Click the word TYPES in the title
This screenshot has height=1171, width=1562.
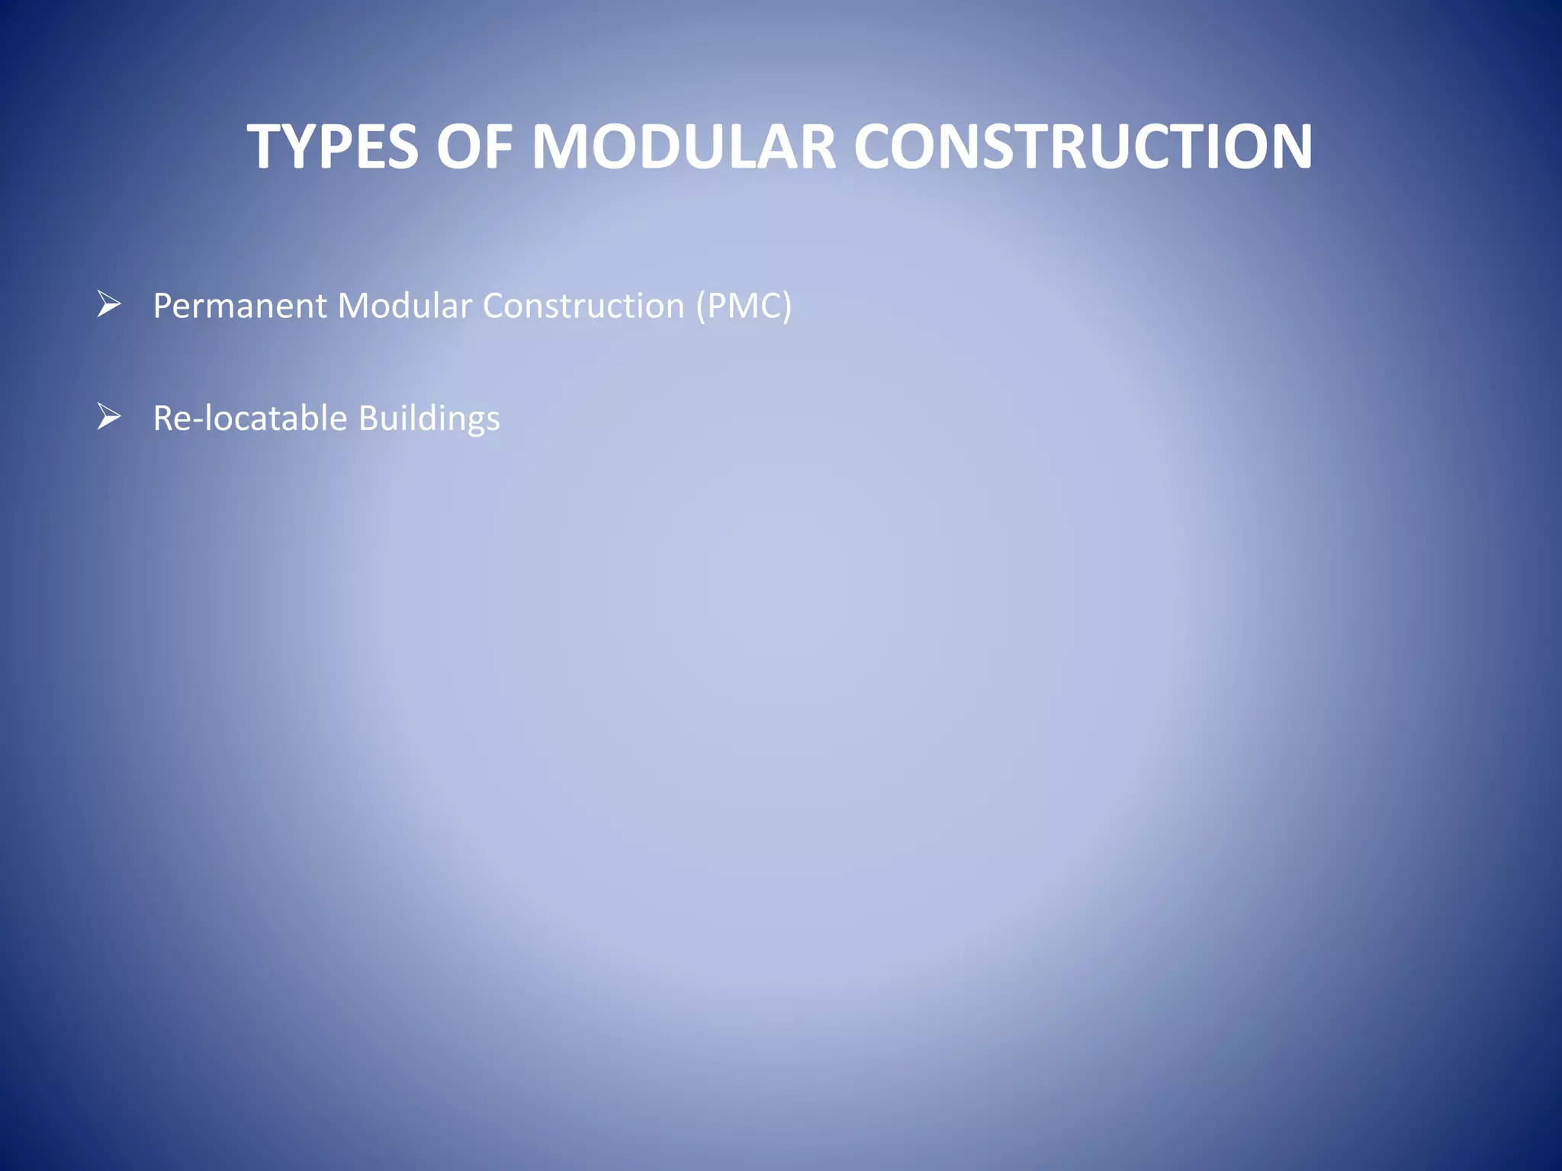333,146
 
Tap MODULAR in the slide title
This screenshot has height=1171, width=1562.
683,146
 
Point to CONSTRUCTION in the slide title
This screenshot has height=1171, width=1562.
1082,146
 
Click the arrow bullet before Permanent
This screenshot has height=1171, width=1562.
109,305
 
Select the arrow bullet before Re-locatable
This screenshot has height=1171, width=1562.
109,417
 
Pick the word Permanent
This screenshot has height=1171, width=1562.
240,306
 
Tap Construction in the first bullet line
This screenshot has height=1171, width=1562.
583,306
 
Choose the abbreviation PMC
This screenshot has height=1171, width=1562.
744,306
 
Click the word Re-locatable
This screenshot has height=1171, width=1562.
249,419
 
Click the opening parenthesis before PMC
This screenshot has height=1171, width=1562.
700,307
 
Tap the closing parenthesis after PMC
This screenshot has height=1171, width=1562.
787,307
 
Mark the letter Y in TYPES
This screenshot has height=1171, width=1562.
299,146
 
